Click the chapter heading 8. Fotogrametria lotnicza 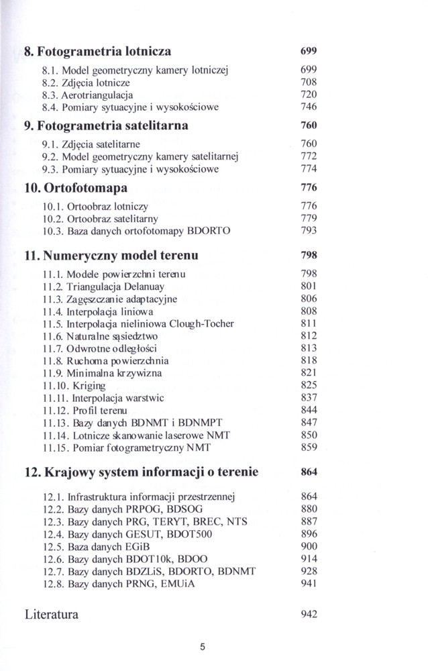(x=97, y=51)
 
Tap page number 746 (x=309, y=107)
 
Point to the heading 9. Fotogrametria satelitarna (x=106, y=125)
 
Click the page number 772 (x=309, y=156)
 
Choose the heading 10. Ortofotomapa (x=76, y=187)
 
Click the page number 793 (x=309, y=231)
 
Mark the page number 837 (x=309, y=397)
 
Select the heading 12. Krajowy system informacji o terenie (x=141, y=472)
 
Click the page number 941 (x=309, y=583)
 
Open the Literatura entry (x=51, y=614)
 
